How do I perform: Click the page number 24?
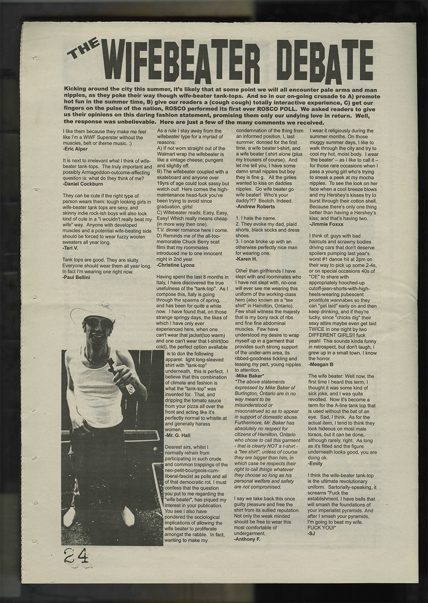[x=76, y=556]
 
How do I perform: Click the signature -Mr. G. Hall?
[x=178, y=434]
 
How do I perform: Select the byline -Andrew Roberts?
[x=256, y=206]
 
